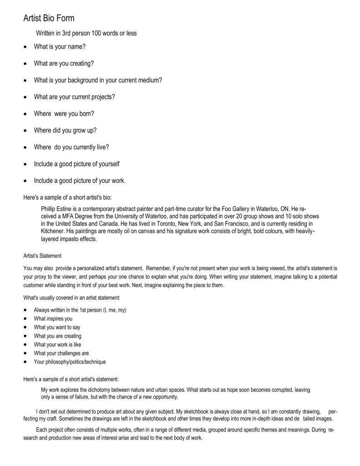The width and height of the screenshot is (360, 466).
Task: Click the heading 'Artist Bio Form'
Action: (49, 19)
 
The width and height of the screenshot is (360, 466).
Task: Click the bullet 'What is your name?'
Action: (60, 47)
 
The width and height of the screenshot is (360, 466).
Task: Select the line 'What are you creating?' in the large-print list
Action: (64, 63)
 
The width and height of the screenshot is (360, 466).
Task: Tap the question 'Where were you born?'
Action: (64, 113)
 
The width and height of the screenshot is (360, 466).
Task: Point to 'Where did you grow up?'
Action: (65, 130)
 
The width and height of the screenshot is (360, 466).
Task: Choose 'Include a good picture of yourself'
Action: (76, 164)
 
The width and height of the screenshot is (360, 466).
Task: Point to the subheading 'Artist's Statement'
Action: (42, 256)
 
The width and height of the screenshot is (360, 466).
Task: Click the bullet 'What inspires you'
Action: (53, 318)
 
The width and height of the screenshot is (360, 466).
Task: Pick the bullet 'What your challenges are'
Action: (61, 353)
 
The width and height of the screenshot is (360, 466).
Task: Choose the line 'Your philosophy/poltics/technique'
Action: (70, 362)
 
